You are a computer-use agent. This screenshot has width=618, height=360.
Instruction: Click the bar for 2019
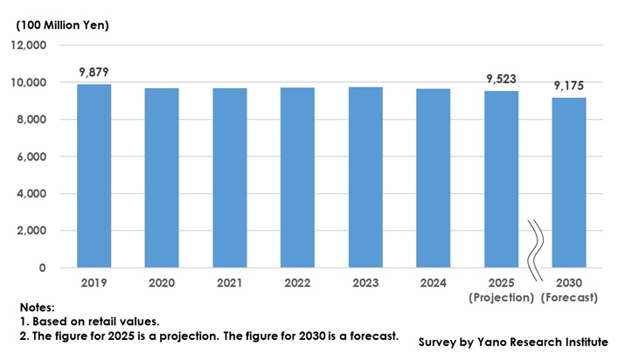click(x=94, y=176)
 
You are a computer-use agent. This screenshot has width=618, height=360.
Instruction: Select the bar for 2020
click(x=162, y=177)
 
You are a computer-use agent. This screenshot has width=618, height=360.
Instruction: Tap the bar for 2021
click(x=229, y=177)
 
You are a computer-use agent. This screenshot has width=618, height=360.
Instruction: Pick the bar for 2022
click(x=297, y=177)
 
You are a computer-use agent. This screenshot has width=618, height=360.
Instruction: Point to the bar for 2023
click(x=365, y=177)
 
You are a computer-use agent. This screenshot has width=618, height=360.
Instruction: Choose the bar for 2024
click(x=433, y=177)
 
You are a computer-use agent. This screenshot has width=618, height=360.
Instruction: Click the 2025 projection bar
click(x=501, y=179)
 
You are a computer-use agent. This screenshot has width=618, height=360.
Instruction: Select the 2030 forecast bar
click(x=568, y=183)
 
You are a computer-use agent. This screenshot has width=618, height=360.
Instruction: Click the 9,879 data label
click(x=94, y=72)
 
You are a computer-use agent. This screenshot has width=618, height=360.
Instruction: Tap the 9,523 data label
click(x=501, y=79)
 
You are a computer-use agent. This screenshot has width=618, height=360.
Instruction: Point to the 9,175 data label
click(x=568, y=86)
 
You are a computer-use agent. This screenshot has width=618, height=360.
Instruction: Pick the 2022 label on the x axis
click(x=297, y=284)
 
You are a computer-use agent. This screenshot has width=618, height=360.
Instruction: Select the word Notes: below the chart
click(x=38, y=308)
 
